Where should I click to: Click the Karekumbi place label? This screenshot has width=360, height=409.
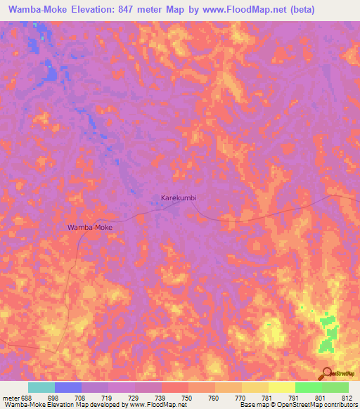(179, 198)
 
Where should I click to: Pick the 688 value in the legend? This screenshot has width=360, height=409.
(27, 398)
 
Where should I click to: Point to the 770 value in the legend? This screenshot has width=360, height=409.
(242, 398)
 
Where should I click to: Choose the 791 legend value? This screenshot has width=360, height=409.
(295, 398)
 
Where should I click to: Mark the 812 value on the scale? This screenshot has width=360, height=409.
(349, 398)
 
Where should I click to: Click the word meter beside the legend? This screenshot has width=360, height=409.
(11, 398)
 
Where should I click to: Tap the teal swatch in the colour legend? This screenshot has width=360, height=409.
(41, 387)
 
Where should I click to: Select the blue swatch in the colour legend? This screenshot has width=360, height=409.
(67, 387)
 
